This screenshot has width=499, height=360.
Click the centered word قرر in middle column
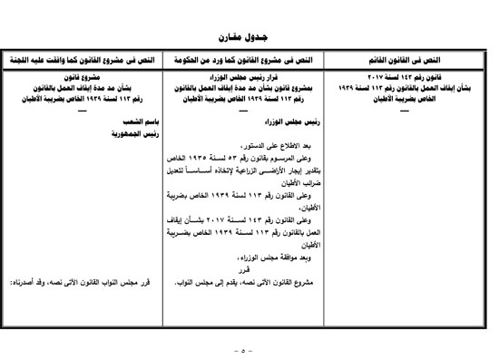coord(242,268)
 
